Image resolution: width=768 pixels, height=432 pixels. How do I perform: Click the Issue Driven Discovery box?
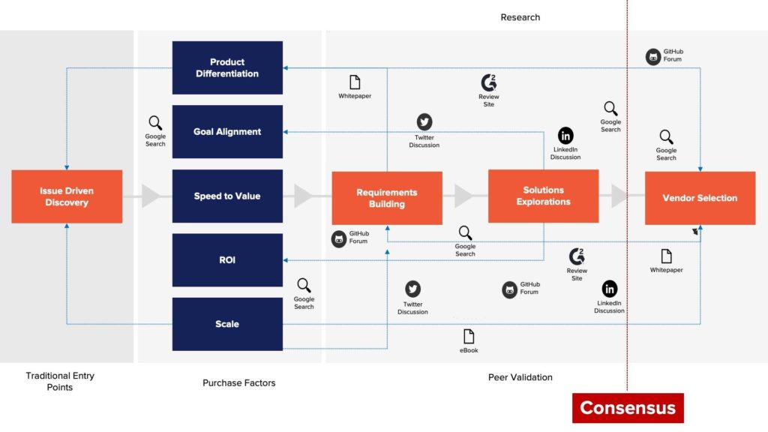(x=67, y=196)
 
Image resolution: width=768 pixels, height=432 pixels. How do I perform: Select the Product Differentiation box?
(x=227, y=67)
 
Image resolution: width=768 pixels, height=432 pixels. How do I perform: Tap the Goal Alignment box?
(x=227, y=131)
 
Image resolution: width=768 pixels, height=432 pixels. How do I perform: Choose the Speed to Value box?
(x=227, y=196)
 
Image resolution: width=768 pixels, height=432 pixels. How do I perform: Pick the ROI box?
(x=227, y=260)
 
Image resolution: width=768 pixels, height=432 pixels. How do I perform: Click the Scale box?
(x=227, y=324)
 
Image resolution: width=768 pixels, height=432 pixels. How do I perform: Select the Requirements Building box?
(x=387, y=198)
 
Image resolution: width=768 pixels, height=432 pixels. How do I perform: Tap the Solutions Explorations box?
(x=543, y=196)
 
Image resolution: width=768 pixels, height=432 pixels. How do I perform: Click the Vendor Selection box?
(x=700, y=198)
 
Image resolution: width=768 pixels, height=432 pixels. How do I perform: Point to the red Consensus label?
(x=628, y=408)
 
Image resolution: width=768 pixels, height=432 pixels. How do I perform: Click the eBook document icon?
(x=469, y=336)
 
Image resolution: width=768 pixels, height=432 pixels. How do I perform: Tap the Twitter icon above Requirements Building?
(x=424, y=122)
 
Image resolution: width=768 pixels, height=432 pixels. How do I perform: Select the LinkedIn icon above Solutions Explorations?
(x=565, y=136)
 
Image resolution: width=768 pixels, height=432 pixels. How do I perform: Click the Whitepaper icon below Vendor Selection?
(x=666, y=256)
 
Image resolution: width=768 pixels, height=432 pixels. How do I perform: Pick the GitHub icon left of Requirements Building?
(x=339, y=238)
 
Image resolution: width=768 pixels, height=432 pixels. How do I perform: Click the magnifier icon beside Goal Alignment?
(x=155, y=123)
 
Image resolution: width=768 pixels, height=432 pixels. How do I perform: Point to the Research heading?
(x=520, y=17)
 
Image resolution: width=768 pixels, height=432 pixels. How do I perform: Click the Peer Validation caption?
(x=520, y=377)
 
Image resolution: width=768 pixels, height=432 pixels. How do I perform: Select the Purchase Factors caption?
(x=239, y=382)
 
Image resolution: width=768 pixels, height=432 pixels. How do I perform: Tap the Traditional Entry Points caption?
(x=60, y=381)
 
